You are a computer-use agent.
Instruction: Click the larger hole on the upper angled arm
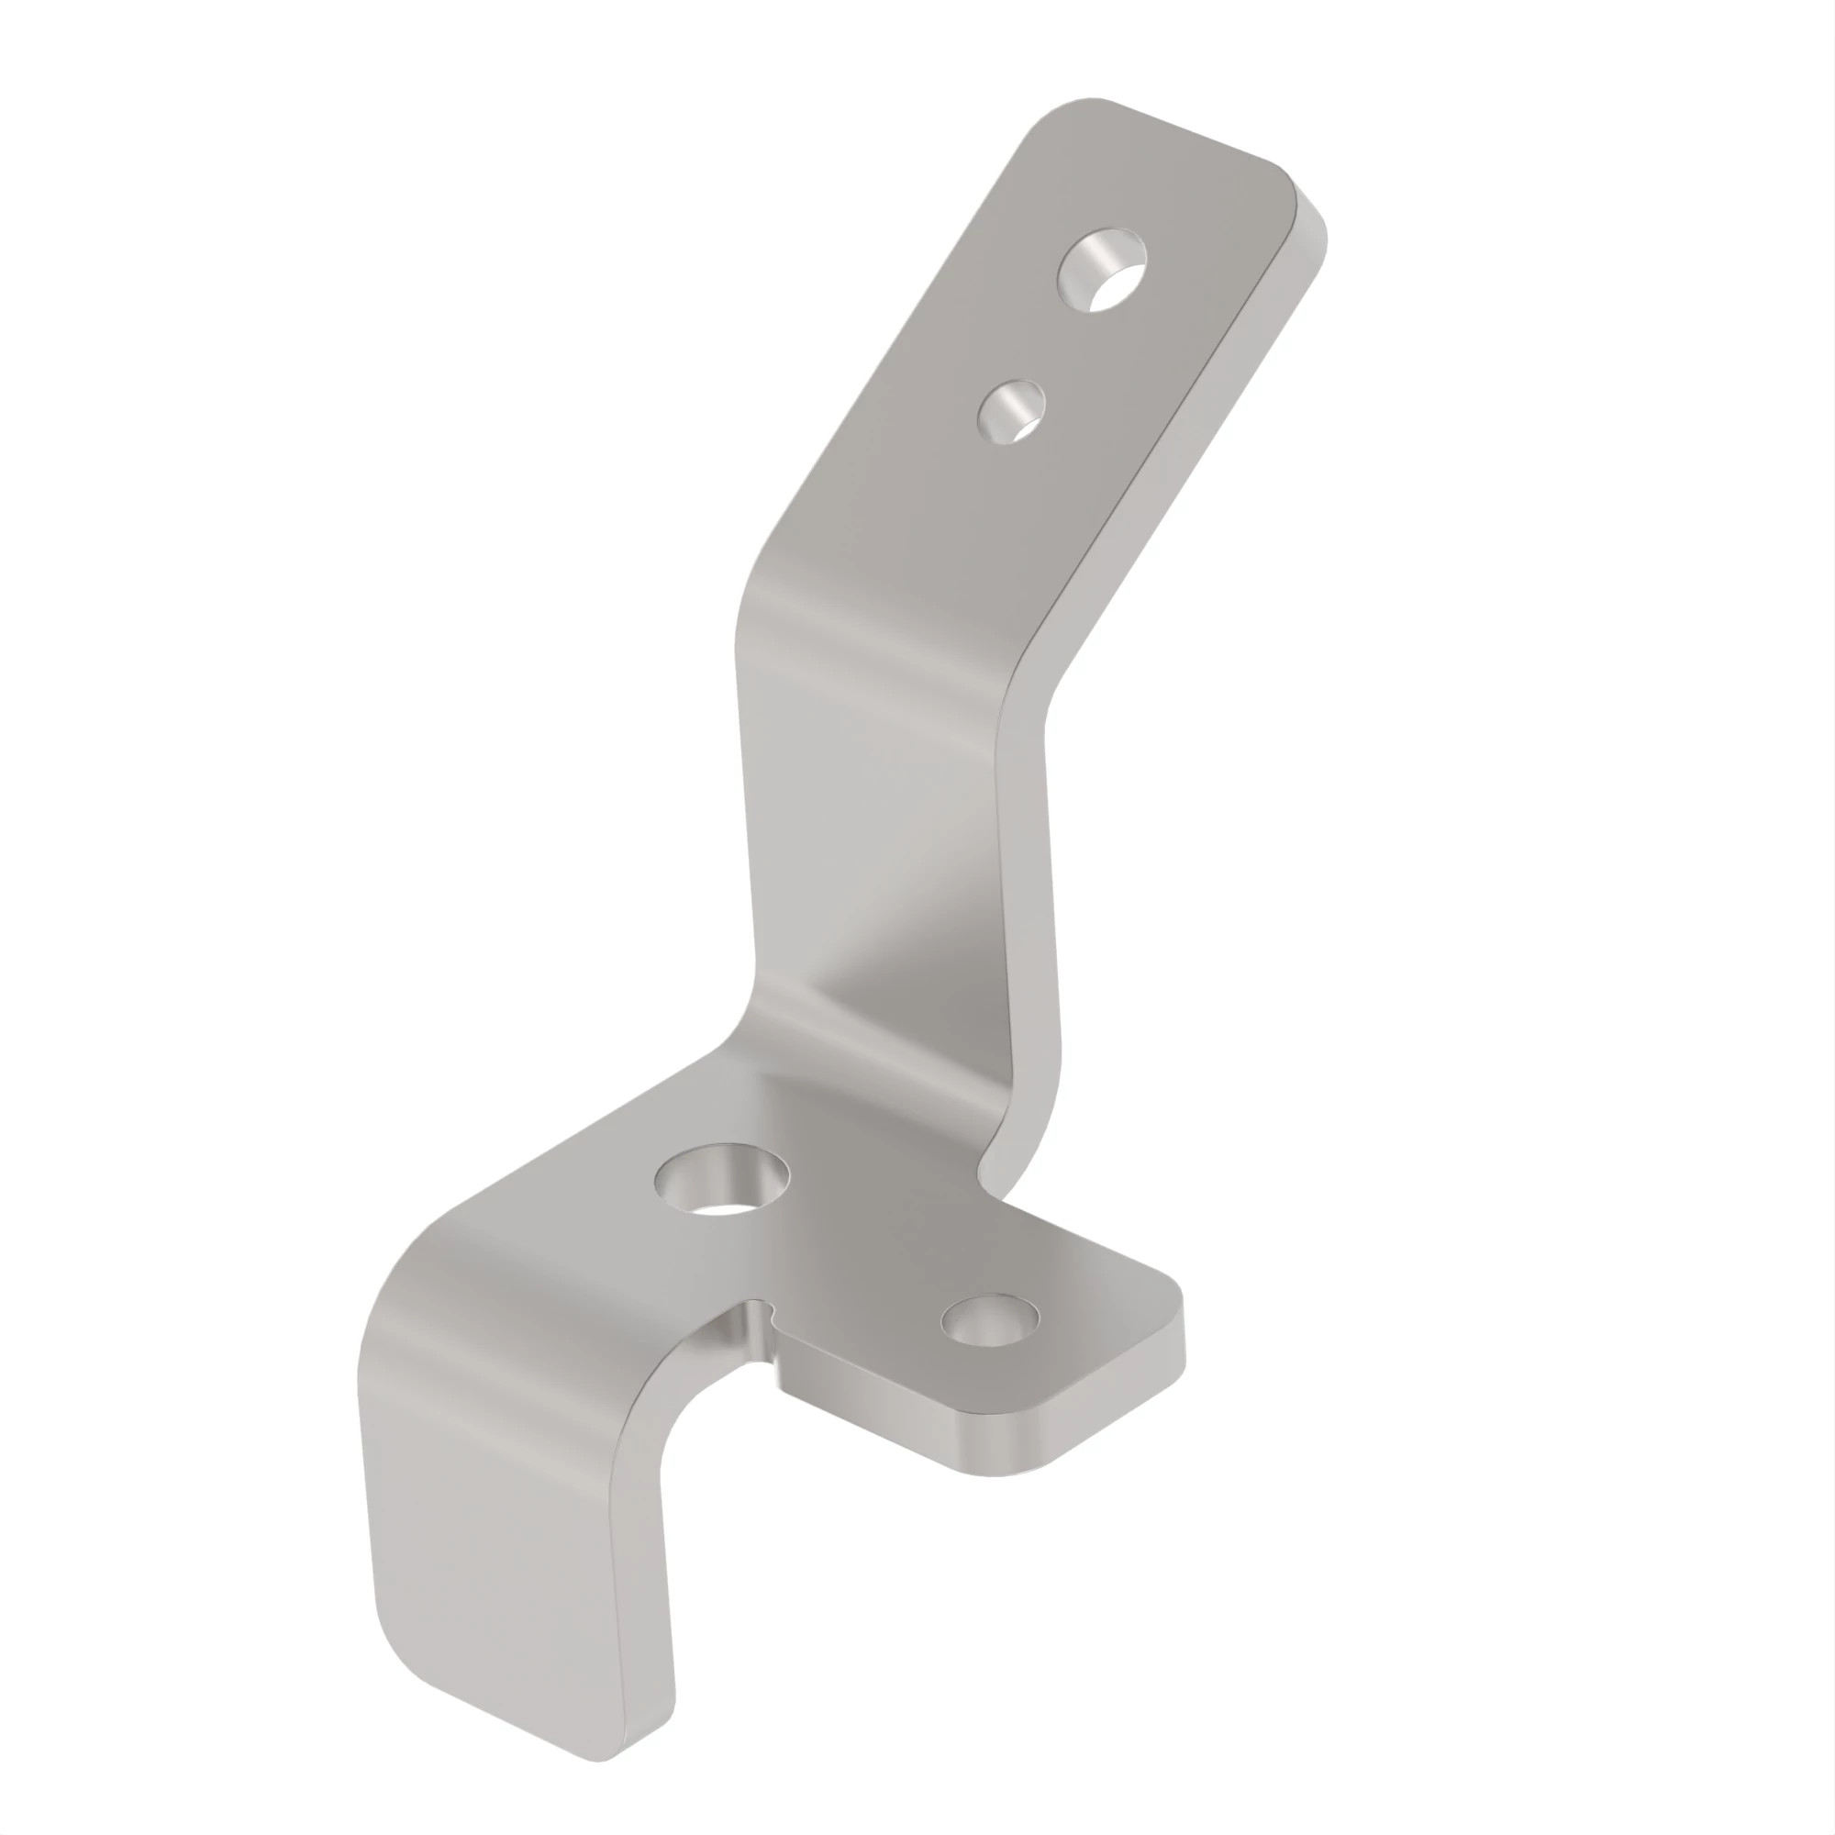(1103, 270)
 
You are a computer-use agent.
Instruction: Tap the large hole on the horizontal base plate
(722, 1180)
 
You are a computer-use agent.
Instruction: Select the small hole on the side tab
(990, 1320)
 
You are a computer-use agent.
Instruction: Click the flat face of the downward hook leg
(504, 1519)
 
